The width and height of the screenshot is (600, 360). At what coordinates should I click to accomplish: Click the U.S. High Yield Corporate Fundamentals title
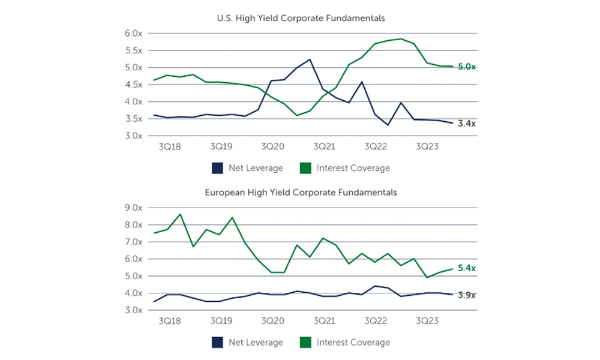coord(300,18)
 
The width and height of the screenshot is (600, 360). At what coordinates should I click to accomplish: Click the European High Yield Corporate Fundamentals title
coord(300,193)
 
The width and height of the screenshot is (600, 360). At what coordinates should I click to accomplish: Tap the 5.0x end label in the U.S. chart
coord(466,67)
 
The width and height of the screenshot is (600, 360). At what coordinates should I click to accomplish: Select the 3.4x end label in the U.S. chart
coord(466,124)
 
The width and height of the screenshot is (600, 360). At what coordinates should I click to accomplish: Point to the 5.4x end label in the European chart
coord(466,268)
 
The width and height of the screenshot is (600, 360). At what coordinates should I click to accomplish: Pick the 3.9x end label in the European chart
coord(466,295)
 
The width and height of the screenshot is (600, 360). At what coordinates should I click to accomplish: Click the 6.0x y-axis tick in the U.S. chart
coord(134,33)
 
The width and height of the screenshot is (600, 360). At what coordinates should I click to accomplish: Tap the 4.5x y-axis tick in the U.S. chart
coord(134,85)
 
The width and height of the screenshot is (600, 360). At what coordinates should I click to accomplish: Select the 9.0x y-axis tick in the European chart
coord(134,208)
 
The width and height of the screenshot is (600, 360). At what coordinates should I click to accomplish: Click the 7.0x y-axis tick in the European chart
coord(134,242)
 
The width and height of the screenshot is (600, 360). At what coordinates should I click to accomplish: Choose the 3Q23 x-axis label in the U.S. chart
coord(427,146)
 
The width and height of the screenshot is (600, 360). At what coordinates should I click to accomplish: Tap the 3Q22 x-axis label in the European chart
coord(375,321)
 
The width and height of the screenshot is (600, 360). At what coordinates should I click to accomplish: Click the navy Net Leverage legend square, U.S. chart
coord(217,169)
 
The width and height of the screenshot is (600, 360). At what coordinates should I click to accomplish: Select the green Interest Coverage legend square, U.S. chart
coord(305,169)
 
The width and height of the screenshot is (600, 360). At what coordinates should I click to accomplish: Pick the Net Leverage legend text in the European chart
coord(256,343)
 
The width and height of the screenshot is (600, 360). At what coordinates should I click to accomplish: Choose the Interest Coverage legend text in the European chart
coord(353,343)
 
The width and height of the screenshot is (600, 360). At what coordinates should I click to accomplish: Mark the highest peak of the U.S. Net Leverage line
coord(310,59)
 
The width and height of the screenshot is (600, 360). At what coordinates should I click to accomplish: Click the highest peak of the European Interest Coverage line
coord(181,214)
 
